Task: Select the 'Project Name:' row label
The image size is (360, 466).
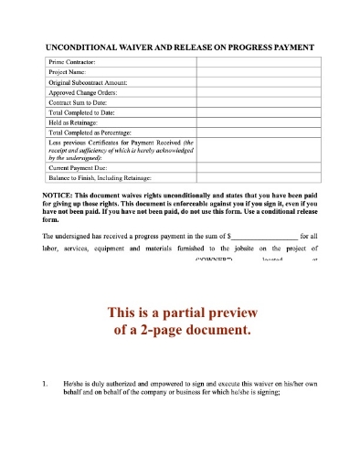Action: [x=69, y=70]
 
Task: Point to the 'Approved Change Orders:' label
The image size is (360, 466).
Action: [x=84, y=91]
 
